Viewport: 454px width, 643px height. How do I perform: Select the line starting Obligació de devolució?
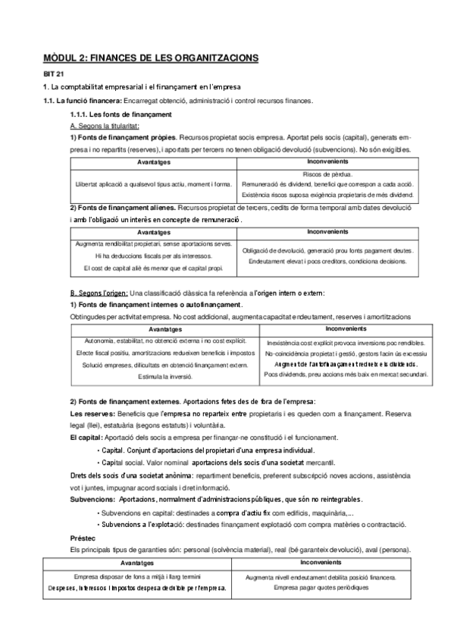coord(327,250)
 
